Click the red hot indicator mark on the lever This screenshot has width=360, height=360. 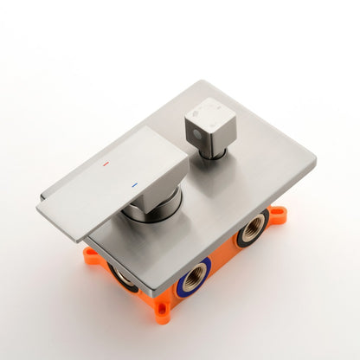pyautogui.click(x=106, y=162)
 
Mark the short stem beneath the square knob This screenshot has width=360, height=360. pyautogui.click(x=214, y=153)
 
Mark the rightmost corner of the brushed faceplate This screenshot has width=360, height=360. pyautogui.click(x=314, y=161)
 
